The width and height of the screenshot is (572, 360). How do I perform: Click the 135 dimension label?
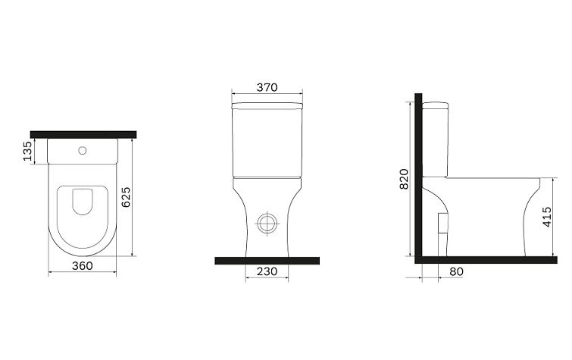coord(27,151)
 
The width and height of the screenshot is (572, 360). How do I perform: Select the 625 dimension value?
coord(126,197)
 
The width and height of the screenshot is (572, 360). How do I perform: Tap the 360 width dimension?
coord(82,266)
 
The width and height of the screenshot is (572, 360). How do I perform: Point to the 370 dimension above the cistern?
coord(267,88)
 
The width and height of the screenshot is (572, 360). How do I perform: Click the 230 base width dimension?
coord(267,271)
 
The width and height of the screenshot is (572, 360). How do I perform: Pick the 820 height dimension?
coord(405,179)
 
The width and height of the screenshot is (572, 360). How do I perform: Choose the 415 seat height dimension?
coord(547,217)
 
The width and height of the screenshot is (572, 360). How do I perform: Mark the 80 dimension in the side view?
coord(456,271)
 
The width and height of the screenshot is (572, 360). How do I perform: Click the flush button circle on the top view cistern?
coord(83,150)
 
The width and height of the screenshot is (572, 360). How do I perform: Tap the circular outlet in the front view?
coord(267,223)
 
